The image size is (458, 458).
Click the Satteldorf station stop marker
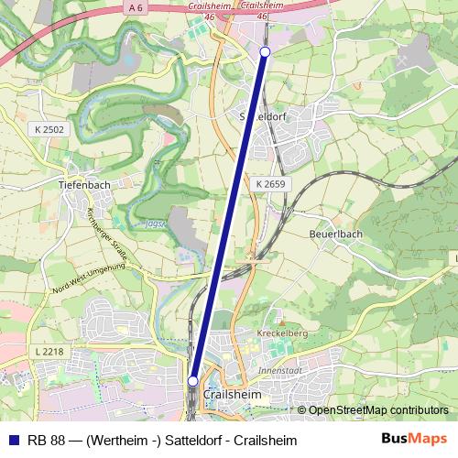coord(265,52)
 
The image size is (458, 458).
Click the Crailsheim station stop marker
coord(193,380)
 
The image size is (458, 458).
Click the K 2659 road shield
coord(271,184)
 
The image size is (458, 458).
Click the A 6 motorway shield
coord(136,8)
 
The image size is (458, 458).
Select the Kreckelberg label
coord(282,333)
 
